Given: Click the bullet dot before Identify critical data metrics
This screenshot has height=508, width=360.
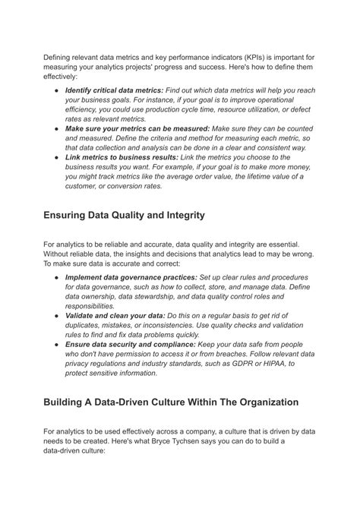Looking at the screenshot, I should [x=56, y=90].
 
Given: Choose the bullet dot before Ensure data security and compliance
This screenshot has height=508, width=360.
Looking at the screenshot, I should [x=56, y=344].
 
